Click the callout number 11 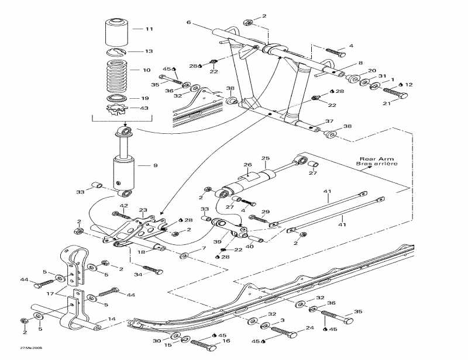(149, 29)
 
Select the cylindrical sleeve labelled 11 (116, 32)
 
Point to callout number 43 (144, 108)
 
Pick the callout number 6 (188, 22)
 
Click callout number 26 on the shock (247, 165)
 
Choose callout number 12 (409, 85)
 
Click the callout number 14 (112, 320)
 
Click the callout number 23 (143, 210)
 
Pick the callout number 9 (156, 165)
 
